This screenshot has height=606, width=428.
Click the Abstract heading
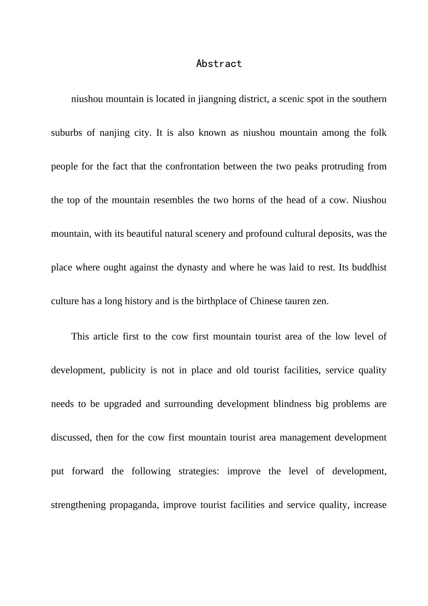pos(219,64)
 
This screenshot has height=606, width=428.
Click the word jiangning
pos(216,99)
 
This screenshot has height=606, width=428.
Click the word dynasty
pos(192,267)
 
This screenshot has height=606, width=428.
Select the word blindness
pos(292,404)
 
